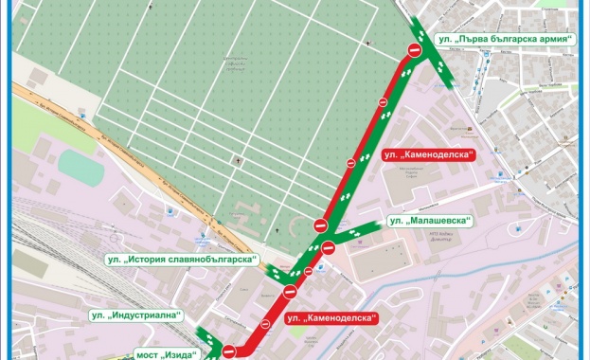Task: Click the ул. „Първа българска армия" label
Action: click(x=502, y=40)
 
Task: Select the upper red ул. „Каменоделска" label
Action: click(x=428, y=153)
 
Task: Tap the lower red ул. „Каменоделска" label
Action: click(x=331, y=317)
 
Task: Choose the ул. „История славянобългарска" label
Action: click(x=182, y=260)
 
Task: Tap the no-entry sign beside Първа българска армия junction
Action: click(x=413, y=49)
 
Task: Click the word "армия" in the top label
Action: click(x=552, y=40)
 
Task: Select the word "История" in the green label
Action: click(x=152, y=260)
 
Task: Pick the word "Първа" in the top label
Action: click(x=466, y=40)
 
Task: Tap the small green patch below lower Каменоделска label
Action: click(x=313, y=334)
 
